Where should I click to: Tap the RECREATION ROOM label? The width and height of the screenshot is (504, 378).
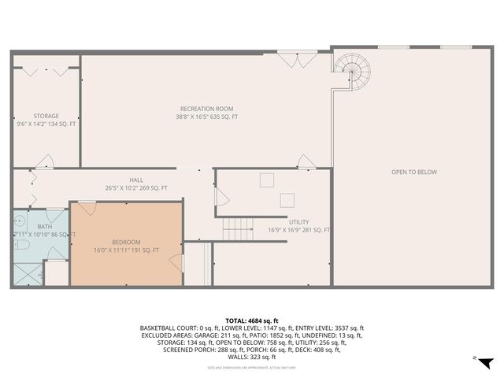point(206,109)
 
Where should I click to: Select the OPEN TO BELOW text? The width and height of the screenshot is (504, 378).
point(413,172)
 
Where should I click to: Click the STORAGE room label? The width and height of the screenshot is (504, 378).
point(46,116)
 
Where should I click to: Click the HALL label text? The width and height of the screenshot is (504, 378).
point(136,180)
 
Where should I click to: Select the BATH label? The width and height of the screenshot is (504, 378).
point(44,226)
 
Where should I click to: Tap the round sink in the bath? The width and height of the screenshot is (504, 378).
point(19,221)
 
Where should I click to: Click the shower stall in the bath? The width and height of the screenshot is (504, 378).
point(27,273)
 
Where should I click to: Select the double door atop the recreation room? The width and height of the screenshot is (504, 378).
point(288,58)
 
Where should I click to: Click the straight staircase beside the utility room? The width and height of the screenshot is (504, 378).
point(237,229)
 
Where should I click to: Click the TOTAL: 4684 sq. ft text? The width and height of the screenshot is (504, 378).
point(251,321)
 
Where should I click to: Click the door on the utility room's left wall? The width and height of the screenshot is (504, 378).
point(222,197)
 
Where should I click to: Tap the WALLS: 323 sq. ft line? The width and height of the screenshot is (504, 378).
point(251,358)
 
